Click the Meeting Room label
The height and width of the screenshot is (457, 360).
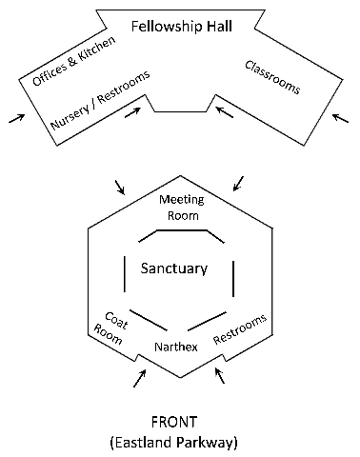180,208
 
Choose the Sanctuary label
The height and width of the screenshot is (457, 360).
173,268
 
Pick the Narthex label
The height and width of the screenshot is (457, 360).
176,347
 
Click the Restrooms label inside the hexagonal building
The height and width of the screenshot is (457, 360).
240,327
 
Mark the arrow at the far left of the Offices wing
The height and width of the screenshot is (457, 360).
15,118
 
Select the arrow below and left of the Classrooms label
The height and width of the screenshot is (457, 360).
224,112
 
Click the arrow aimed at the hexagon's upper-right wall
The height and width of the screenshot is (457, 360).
238,181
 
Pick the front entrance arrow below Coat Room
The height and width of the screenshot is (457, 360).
140,378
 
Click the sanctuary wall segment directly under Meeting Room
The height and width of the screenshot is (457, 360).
180,229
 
